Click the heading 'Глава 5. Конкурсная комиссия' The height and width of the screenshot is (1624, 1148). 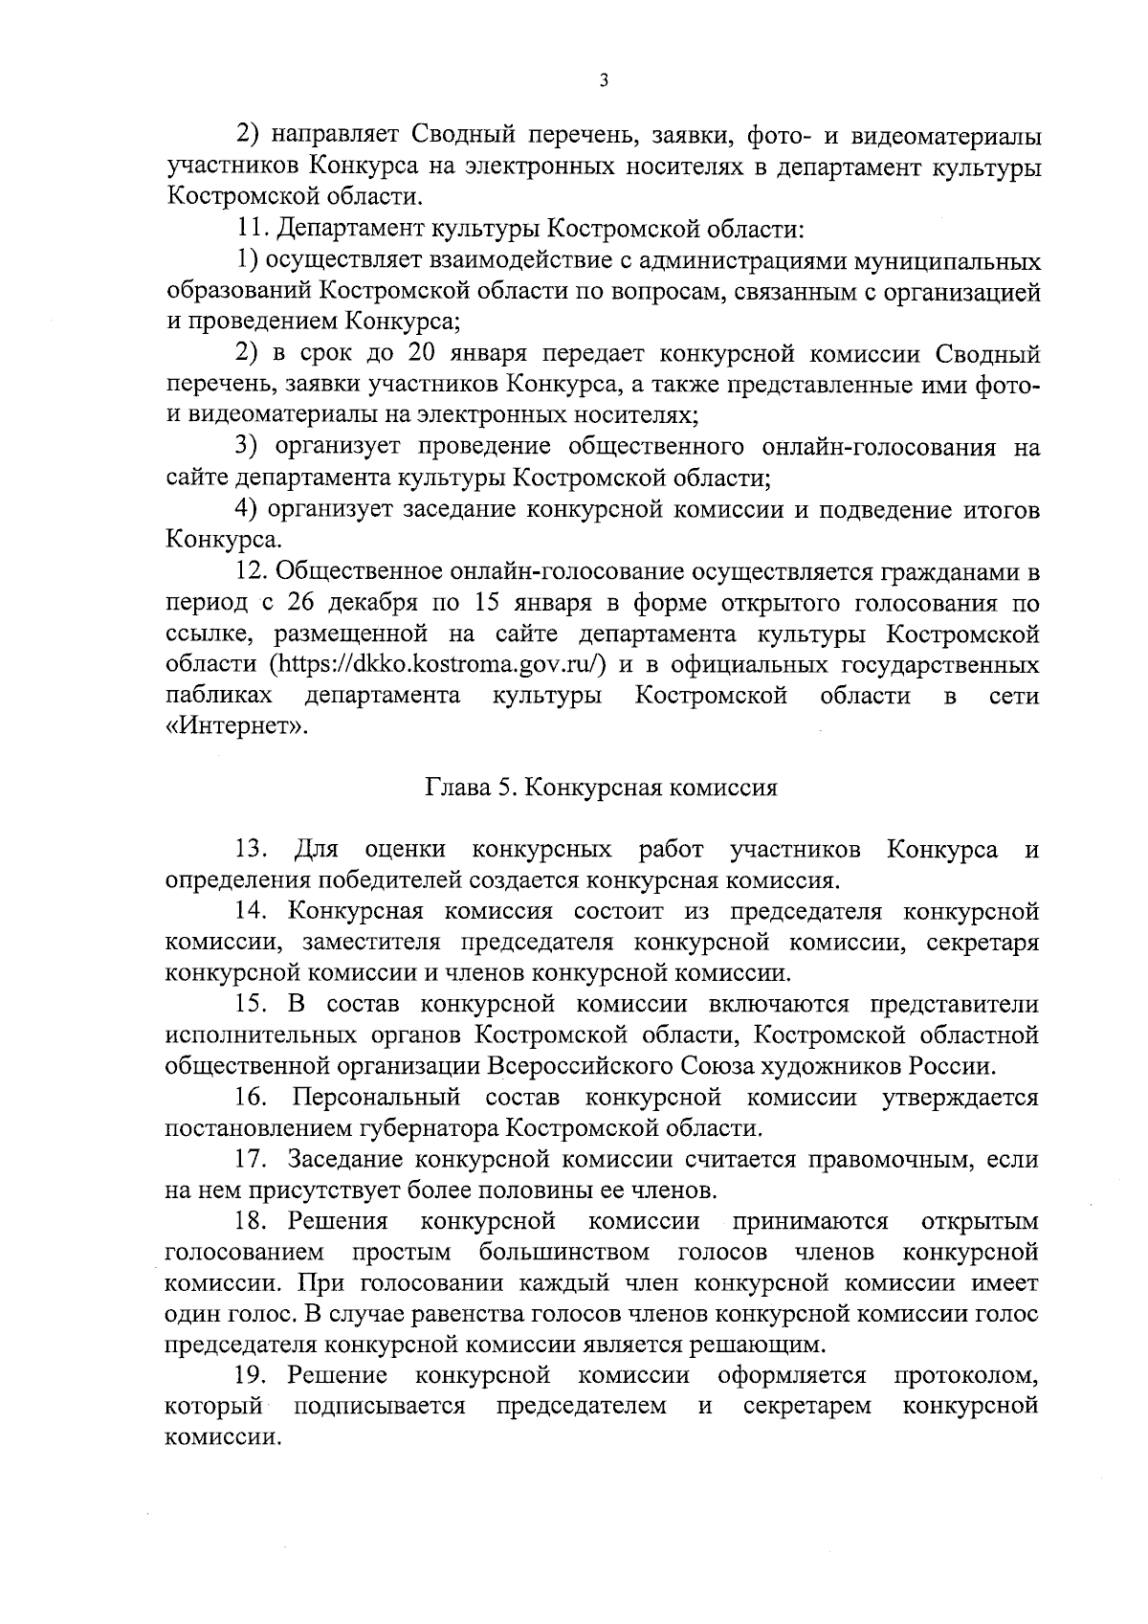[x=601, y=788]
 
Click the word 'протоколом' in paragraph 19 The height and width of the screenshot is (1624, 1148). [x=965, y=1375]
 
